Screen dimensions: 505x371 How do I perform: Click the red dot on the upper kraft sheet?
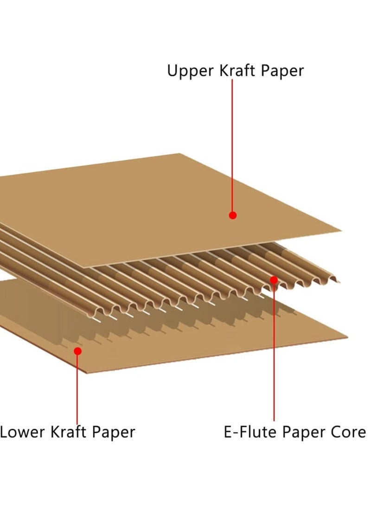coord(233,215)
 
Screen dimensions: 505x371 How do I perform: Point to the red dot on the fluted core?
coord(274,280)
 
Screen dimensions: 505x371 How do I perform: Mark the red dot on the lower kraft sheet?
coord(78,351)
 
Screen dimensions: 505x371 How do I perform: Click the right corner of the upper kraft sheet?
coord(341,230)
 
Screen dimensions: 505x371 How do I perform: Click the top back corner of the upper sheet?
coord(180,154)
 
